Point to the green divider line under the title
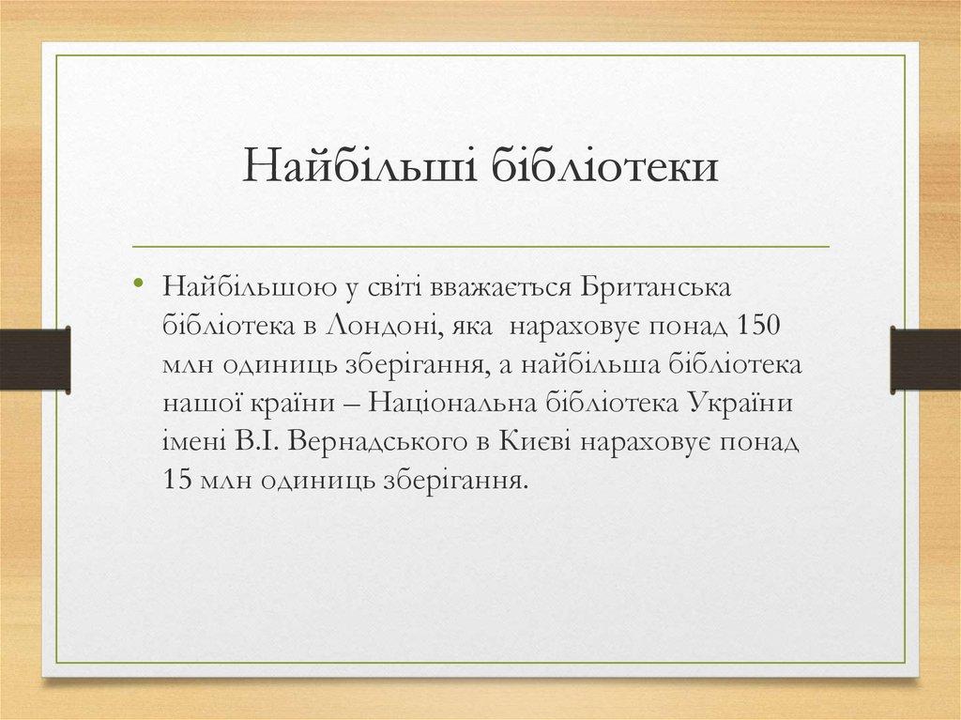pos(480,247)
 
